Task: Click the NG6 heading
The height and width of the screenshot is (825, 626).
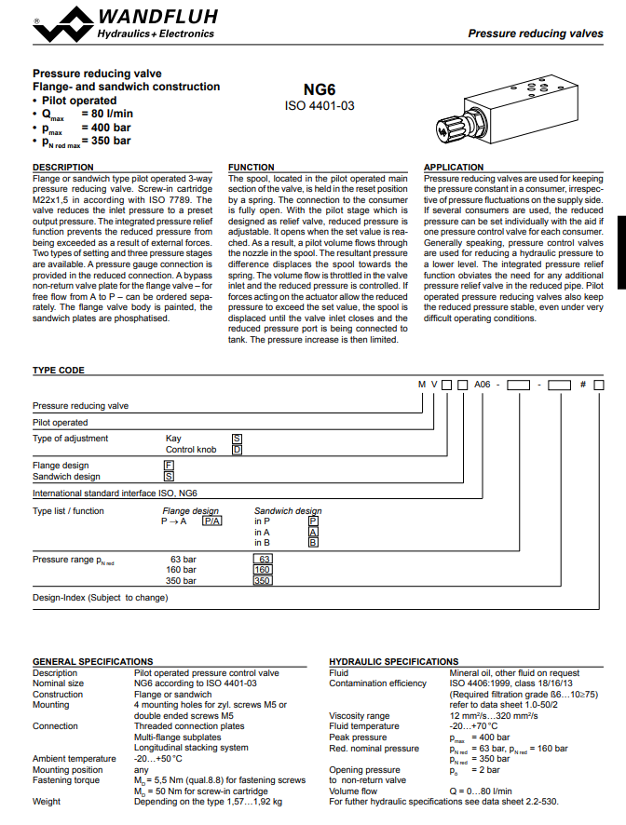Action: coord(320,89)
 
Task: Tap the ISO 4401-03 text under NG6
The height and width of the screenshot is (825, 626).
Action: coord(320,106)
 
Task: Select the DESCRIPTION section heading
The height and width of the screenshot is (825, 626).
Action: coord(63,168)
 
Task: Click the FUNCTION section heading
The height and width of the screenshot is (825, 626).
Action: coord(252,168)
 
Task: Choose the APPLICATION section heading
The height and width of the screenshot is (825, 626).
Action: coord(454,168)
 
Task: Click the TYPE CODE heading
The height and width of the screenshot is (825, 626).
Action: coord(59,370)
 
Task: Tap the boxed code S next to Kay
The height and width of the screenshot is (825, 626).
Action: coord(237,438)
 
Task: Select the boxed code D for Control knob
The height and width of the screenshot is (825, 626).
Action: coord(237,449)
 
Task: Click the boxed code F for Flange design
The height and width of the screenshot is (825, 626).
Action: coord(169,465)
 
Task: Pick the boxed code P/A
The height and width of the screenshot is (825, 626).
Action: coord(212,522)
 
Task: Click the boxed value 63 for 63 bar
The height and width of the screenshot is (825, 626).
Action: coord(263,559)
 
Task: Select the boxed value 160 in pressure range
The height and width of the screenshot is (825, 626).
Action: coord(263,570)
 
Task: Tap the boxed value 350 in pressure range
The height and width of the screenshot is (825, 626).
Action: coord(263,581)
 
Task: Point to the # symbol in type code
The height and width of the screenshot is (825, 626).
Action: coord(584,385)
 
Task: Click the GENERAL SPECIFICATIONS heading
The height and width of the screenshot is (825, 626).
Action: coord(92,662)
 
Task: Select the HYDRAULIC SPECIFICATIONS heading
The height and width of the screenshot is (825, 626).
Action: coord(394,662)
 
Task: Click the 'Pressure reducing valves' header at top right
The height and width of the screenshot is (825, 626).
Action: coord(535,34)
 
